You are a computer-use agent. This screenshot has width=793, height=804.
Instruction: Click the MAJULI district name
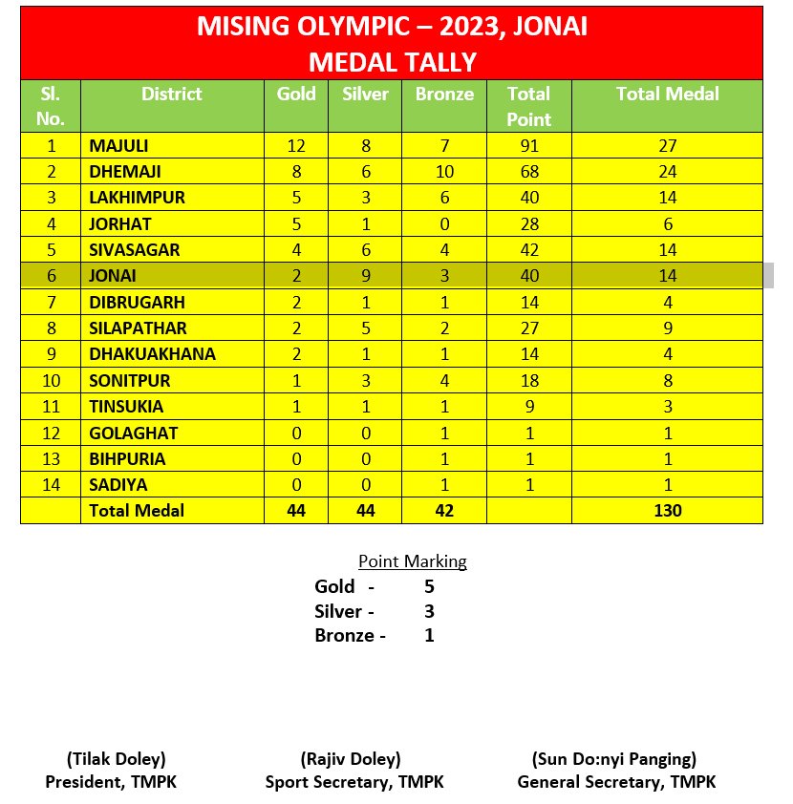tap(120, 146)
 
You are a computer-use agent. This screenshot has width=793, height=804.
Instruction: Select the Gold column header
tap(296, 94)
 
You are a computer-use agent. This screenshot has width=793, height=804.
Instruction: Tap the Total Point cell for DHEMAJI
tap(528, 172)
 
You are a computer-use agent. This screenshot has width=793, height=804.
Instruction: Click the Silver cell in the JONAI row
tap(365, 276)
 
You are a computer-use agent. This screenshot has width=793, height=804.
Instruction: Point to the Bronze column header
tap(444, 94)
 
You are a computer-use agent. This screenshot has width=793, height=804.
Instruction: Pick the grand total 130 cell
tap(668, 511)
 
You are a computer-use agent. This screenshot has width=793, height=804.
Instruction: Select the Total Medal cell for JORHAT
tap(668, 223)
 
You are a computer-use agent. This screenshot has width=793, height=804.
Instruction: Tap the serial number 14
tap(51, 485)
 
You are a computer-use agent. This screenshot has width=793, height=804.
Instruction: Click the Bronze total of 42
tap(444, 511)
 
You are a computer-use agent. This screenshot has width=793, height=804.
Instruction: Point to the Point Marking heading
tap(413, 561)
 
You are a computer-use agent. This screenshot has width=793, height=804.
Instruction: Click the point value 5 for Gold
tap(429, 586)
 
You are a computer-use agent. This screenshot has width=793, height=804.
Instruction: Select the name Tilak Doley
tap(116, 760)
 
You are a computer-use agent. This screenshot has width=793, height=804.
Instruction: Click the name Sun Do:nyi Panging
tap(614, 760)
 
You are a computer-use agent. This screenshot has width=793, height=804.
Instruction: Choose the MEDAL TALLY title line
tap(392, 63)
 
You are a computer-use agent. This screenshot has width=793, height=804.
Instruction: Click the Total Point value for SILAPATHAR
tap(528, 328)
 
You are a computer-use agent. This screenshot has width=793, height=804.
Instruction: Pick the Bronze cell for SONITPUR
tap(444, 380)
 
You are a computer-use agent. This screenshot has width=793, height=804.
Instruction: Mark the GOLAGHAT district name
tap(133, 433)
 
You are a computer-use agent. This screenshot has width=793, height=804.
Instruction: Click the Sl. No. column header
tap(51, 106)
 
